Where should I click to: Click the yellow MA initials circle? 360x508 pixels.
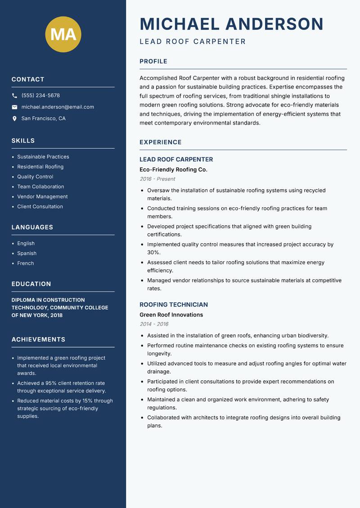[x=63, y=34]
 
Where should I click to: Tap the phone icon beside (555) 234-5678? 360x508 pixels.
[x=14, y=96]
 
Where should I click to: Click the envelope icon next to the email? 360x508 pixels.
[x=14, y=107]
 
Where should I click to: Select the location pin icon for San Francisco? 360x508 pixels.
[x=14, y=119]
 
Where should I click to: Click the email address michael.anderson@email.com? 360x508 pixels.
[x=58, y=107]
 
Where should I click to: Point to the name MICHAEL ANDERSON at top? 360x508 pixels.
[x=231, y=24]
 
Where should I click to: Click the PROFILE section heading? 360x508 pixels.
[x=153, y=62]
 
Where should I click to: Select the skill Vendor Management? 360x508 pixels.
[x=42, y=196]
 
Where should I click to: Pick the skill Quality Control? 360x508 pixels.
[x=35, y=177]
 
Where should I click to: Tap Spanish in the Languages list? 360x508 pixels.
[x=27, y=253]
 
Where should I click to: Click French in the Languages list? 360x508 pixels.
[x=25, y=263]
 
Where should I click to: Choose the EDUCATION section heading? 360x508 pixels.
[x=31, y=284]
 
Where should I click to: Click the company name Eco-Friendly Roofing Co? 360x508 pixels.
[x=173, y=169]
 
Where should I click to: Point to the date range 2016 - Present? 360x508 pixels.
[x=157, y=179]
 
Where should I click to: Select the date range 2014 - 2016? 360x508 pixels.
[x=154, y=324]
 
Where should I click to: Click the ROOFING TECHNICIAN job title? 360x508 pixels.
[x=174, y=304]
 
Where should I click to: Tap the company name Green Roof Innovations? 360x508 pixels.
[x=171, y=315]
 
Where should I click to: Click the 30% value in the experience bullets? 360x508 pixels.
[x=153, y=252]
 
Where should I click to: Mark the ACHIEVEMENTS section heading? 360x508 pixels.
[x=38, y=339]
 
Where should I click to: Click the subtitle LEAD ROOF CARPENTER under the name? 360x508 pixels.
[x=193, y=42]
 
